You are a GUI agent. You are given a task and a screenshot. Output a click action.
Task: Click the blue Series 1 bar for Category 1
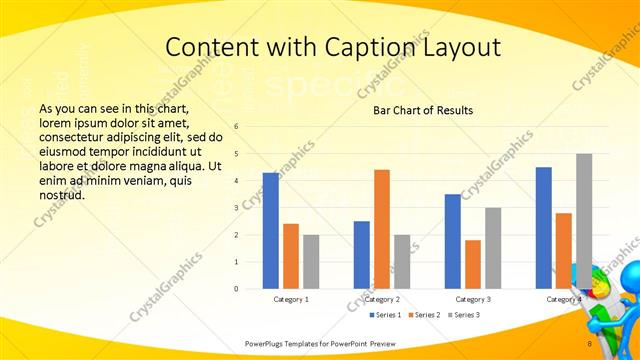(270, 231)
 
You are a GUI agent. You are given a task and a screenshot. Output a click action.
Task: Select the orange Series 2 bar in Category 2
(382, 229)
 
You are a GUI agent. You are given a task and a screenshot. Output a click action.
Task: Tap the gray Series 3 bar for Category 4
(584, 221)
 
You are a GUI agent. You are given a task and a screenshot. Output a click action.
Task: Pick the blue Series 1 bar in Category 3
(453, 241)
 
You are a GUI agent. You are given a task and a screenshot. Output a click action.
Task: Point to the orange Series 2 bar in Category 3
(473, 264)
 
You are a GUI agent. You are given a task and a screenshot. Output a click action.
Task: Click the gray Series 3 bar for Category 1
(311, 262)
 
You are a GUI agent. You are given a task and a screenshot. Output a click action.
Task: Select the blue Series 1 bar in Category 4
(544, 228)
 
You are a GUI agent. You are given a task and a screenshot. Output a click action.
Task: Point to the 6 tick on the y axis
(237, 127)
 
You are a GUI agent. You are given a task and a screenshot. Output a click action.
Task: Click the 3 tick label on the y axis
(237, 208)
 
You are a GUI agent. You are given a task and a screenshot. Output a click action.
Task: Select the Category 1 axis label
(291, 299)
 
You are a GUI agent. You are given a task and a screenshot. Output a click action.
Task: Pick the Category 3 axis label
(473, 299)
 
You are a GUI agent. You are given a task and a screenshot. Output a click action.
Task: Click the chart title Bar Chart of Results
(423, 110)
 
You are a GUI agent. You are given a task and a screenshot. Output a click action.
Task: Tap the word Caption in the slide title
(383, 47)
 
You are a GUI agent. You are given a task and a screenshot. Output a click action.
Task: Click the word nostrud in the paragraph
(62, 195)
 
